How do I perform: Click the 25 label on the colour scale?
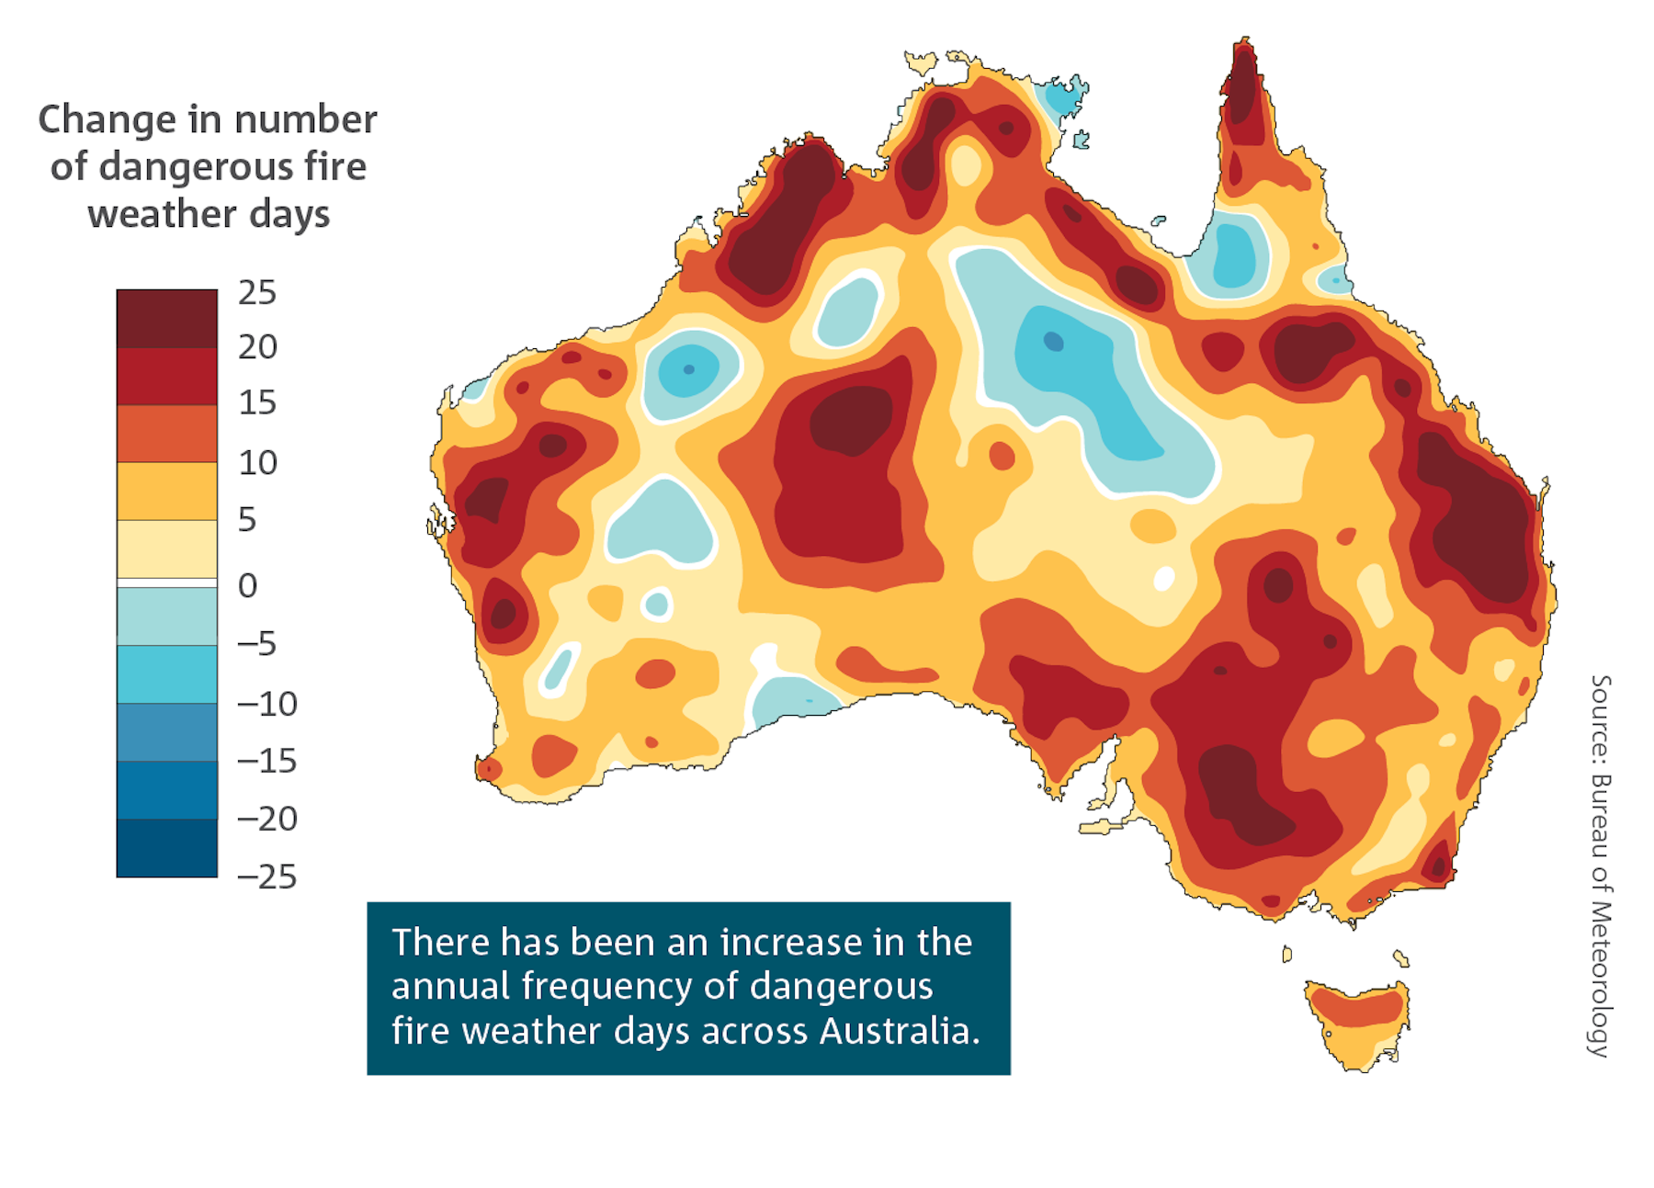click(x=257, y=293)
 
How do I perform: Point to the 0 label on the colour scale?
click(x=247, y=585)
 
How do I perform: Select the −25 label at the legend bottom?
click(x=267, y=877)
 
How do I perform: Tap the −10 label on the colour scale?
click(x=267, y=704)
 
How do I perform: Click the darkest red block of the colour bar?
click(x=166, y=319)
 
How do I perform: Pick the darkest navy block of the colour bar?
click(x=166, y=847)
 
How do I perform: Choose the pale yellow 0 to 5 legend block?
click(x=166, y=549)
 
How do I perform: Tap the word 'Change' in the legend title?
click(x=107, y=120)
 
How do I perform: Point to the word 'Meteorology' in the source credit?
click(x=1600, y=979)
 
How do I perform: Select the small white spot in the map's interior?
click(x=1163, y=579)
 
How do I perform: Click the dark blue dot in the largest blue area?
click(x=1053, y=342)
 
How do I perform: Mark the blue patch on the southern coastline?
click(x=792, y=700)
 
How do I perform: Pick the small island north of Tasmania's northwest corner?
click(x=1286, y=955)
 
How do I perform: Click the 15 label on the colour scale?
click(x=257, y=403)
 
